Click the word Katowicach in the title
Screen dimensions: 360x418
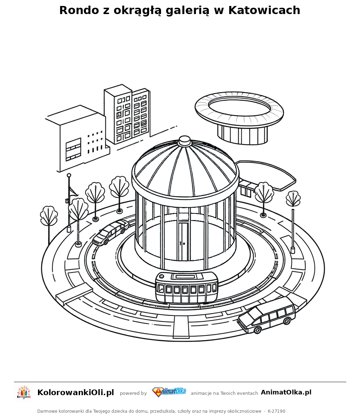coord(264,10)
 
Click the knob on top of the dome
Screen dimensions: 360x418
coord(184,141)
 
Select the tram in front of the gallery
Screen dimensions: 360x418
coord(187,287)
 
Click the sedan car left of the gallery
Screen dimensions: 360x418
coord(110,232)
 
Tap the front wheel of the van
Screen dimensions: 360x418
coord(258,330)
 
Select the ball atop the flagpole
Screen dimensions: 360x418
coord(69,175)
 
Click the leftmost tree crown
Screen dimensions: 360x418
coord(49,216)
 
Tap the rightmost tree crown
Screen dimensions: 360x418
coord(293,199)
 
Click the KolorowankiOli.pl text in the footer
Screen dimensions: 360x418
coord(76,392)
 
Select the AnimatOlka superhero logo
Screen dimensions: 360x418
coord(169,392)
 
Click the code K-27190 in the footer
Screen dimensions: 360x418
coord(277,411)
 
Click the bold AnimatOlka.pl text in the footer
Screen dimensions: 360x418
coord(286,392)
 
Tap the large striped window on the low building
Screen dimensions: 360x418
coord(73,149)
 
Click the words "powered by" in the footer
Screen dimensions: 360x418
coord(133,393)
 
